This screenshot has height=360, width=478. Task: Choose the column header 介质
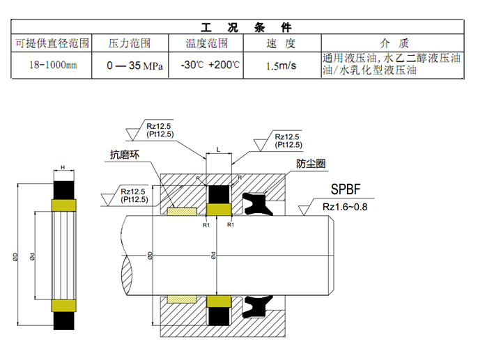pyautogui.click(x=392, y=43)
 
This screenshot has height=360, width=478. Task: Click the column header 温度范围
pyautogui.click(x=206, y=43)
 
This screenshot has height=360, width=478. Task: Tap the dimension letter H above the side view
pyautogui.click(x=63, y=167)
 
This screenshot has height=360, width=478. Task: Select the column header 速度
pyautogui.click(x=281, y=43)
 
